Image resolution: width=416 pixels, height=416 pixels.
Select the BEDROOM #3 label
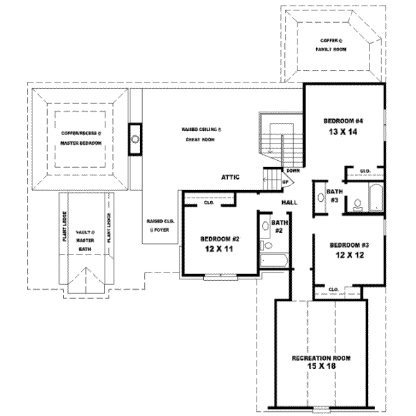(x=348, y=245)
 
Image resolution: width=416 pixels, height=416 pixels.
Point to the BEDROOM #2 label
(x=220, y=239)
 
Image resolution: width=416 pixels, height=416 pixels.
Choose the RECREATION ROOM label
(x=321, y=358)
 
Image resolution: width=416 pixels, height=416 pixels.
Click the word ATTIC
(x=230, y=177)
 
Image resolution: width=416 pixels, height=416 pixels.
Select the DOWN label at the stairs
(x=292, y=171)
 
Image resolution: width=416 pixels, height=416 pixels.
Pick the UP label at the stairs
(x=284, y=182)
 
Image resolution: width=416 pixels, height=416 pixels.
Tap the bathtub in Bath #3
(x=375, y=198)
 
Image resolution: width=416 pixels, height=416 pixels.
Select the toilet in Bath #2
(x=265, y=243)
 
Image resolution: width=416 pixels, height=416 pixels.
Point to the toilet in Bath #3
(x=356, y=204)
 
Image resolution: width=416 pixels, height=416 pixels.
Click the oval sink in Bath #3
(x=320, y=198)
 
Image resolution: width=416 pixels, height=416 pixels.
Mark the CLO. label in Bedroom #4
(x=365, y=171)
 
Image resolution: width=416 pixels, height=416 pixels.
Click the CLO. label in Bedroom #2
(x=208, y=203)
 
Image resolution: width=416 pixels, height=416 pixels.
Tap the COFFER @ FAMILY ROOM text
(x=330, y=44)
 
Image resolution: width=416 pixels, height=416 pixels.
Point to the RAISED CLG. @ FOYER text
(x=160, y=225)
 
